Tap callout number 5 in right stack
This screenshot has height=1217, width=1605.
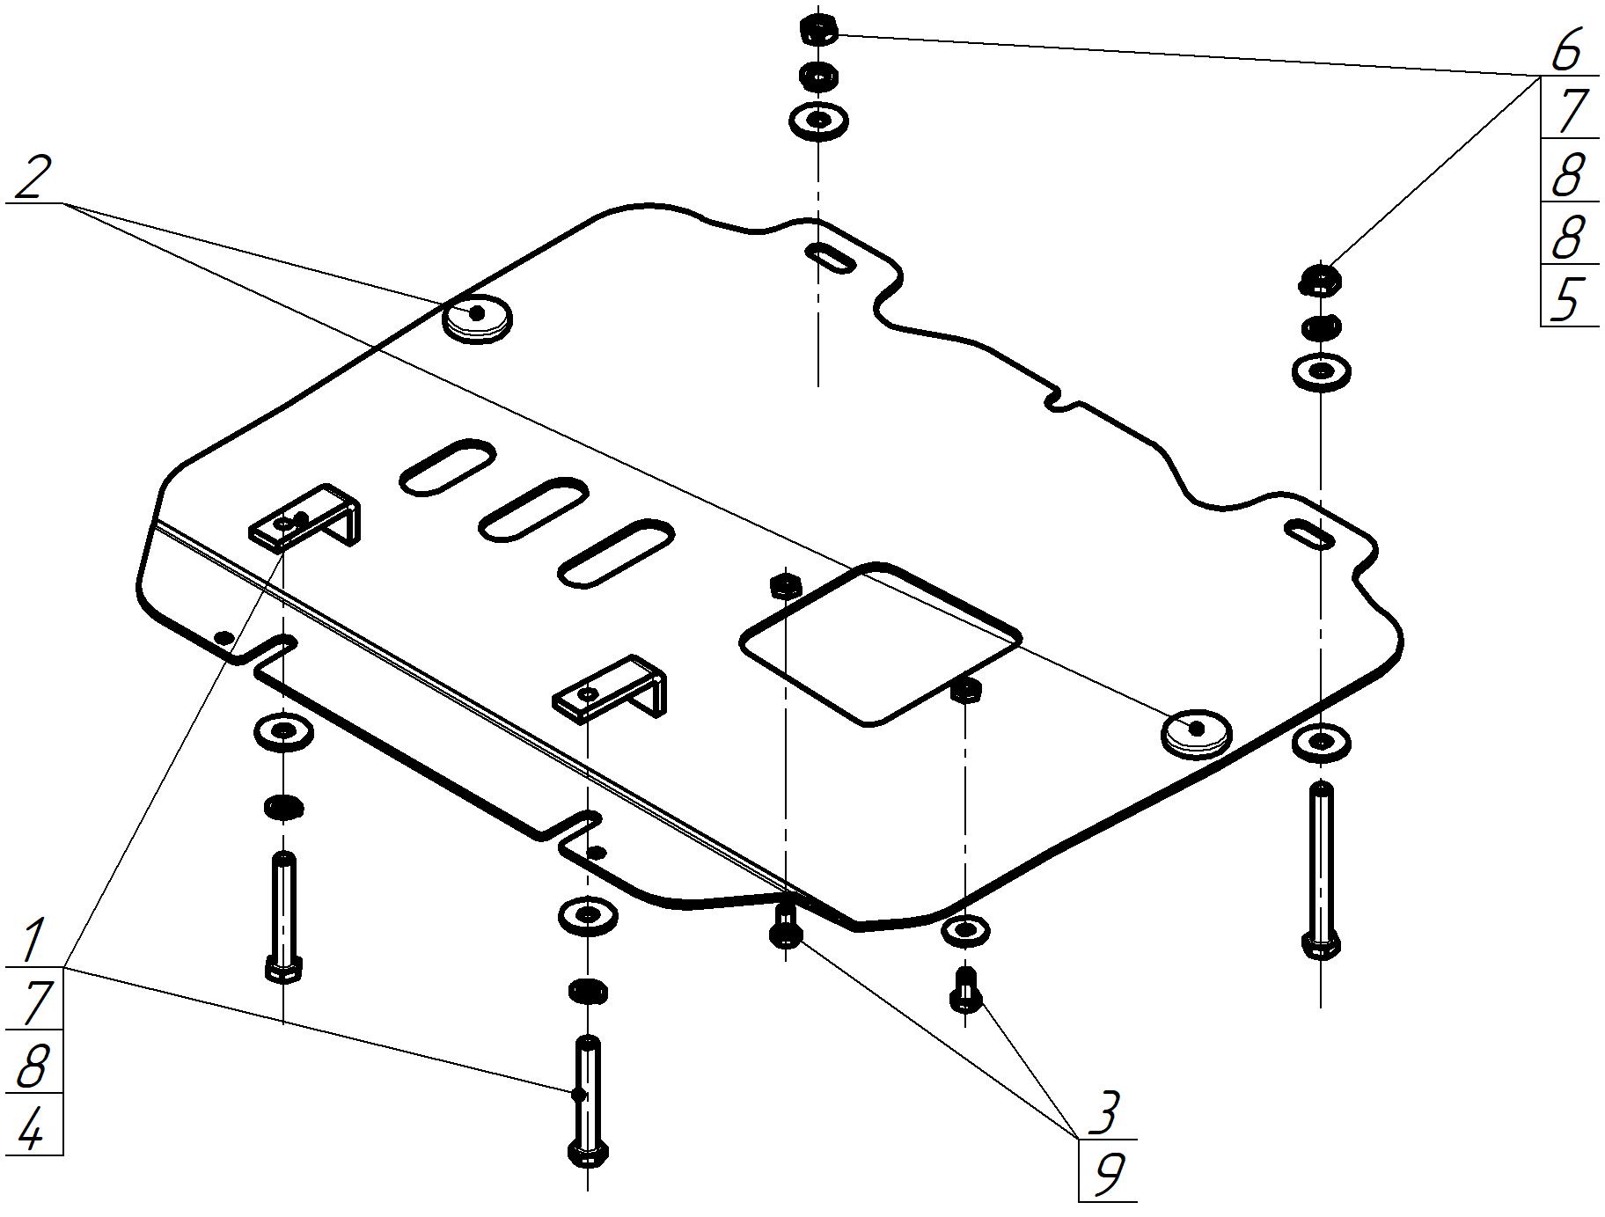click(x=1565, y=299)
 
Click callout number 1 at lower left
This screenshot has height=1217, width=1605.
click(x=33, y=940)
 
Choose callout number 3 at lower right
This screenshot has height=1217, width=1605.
click(x=1101, y=1111)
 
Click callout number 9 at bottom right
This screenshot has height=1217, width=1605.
click(x=1106, y=1173)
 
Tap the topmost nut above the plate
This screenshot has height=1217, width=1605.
click(x=818, y=29)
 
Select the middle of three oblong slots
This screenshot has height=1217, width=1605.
click(x=535, y=509)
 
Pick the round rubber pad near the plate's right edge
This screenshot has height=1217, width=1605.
click(x=1196, y=730)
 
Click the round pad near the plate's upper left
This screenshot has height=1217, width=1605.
click(x=476, y=317)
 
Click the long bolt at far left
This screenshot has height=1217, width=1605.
click(x=284, y=915)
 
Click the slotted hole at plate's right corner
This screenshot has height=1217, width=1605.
click(x=1309, y=533)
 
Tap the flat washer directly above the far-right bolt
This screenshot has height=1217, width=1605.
click(x=1322, y=743)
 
